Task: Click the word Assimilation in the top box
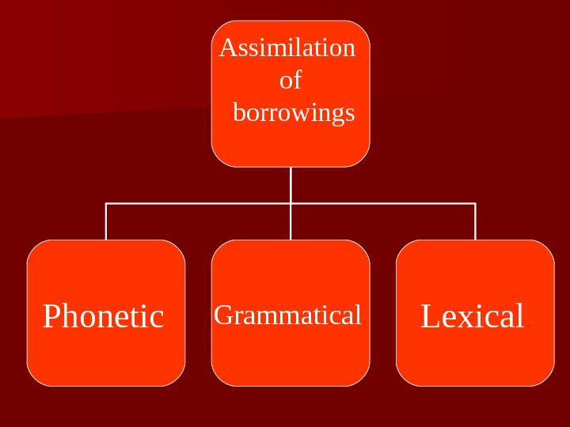tap(287, 48)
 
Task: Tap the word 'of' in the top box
tap(291, 80)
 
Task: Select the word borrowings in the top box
tap(294, 113)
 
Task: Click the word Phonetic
tap(103, 316)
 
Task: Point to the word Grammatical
tap(287, 315)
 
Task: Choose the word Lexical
tap(472, 316)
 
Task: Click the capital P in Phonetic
tap(52, 316)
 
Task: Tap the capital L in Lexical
tap(429, 316)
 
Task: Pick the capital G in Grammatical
tap(222, 316)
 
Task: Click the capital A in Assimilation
tap(228, 48)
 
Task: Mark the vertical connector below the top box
tap(291, 184)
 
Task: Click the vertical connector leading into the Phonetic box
tap(106, 222)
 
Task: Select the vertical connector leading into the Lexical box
tap(475, 222)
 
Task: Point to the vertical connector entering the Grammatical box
tap(291, 222)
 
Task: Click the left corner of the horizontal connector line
tap(106, 203)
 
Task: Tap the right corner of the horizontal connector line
tap(475, 203)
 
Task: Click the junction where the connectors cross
tap(291, 203)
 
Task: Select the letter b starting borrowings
tap(239, 113)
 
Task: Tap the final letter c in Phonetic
tap(158, 318)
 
